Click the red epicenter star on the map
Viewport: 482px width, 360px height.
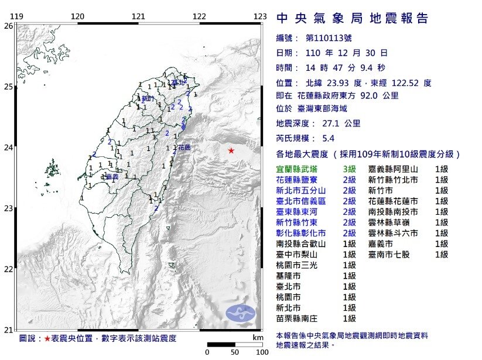[231, 151]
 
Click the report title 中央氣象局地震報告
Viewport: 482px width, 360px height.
[352, 18]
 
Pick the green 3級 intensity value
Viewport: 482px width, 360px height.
[350, 169]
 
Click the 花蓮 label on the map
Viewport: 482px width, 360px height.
[184, 148]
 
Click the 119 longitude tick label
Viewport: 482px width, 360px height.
[18, 16]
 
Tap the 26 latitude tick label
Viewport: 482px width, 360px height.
[8, 26]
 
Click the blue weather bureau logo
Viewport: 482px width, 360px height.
[240, 313]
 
